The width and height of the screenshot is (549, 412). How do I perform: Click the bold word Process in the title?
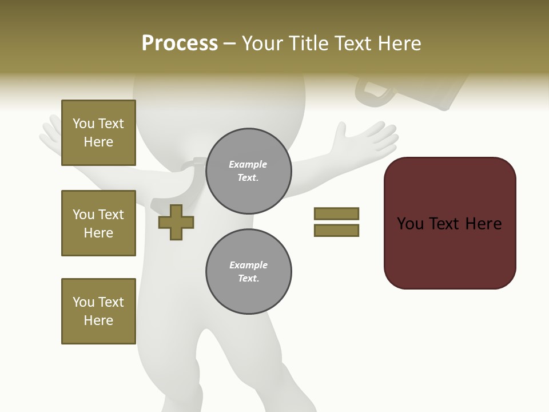coord(180,43)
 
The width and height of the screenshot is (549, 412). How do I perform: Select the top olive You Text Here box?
coord(98,133)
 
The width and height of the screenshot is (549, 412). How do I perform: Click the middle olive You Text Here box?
coord(98,223)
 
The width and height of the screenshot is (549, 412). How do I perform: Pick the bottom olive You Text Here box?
coord(98,311)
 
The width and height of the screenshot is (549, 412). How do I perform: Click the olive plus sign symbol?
coord(176,222)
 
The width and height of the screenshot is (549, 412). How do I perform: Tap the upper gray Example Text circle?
coord(248,171)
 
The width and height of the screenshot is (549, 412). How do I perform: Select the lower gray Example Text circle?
coord(248,272)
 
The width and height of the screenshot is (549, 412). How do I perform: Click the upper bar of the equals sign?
coord(336,213)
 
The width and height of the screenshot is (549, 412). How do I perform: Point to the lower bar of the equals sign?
coord(336,231)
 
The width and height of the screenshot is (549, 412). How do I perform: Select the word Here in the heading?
coord(399,43)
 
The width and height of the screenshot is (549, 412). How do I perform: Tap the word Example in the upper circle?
coord(248,164)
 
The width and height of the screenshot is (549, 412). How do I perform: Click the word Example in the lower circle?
coord(248,265)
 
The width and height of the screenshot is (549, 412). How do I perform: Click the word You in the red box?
coord(411,224)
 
